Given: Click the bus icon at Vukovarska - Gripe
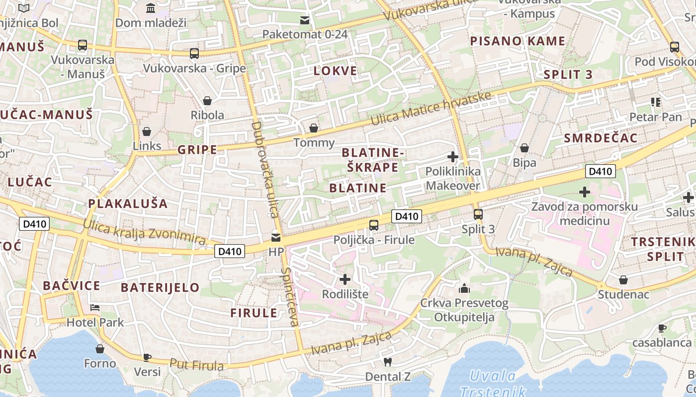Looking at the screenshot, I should (194, 53).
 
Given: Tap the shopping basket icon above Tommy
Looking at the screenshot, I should (314, 128).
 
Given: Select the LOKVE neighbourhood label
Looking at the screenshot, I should (335, 70).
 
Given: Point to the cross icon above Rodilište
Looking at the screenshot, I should (345, 279).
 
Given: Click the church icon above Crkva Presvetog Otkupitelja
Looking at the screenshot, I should (464, 288).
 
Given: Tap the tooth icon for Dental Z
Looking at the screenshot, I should (388, 362).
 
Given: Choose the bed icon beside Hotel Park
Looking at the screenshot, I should (95, 308).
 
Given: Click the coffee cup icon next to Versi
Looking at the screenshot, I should (147, 357).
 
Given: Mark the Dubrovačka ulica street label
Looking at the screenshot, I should (264, 169).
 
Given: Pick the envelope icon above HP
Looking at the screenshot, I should (276, 237).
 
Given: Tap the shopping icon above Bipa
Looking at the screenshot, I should (524, 148).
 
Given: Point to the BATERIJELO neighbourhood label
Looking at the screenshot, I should (160, 287).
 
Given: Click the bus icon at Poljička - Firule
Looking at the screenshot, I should (374, 225).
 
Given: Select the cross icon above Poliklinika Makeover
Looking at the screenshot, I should (452, 157).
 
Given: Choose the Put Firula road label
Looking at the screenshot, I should (196, 365).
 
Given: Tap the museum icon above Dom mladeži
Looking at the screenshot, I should (150, 8).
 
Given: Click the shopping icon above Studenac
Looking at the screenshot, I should (623, 280).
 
